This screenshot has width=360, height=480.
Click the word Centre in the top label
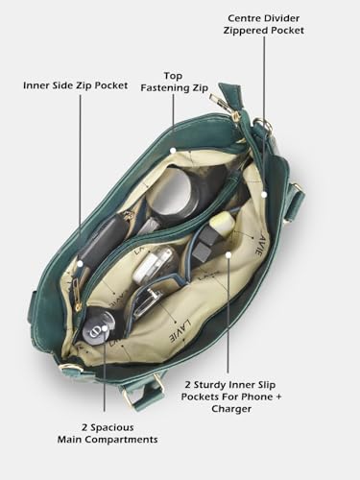click(x=244, y=18)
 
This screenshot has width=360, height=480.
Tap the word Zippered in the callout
click(x=246, y=31)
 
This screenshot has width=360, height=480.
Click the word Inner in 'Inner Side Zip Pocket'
click(x=34, y=85)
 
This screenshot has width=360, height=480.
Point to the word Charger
click(x=231, y=409)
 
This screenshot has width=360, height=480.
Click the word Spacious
click(x=112, y=427)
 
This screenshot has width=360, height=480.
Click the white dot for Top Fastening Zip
click(x=173, y=150)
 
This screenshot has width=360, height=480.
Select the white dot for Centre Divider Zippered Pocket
click(x=264, y=194)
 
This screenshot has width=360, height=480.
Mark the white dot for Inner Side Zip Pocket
click(x=80, y=264)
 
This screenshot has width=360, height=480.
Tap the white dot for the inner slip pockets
click(x=228, y=254)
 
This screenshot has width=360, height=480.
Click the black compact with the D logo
click(x=99, y=327)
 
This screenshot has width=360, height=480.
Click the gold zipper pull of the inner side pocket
click(x=77, y=294)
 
